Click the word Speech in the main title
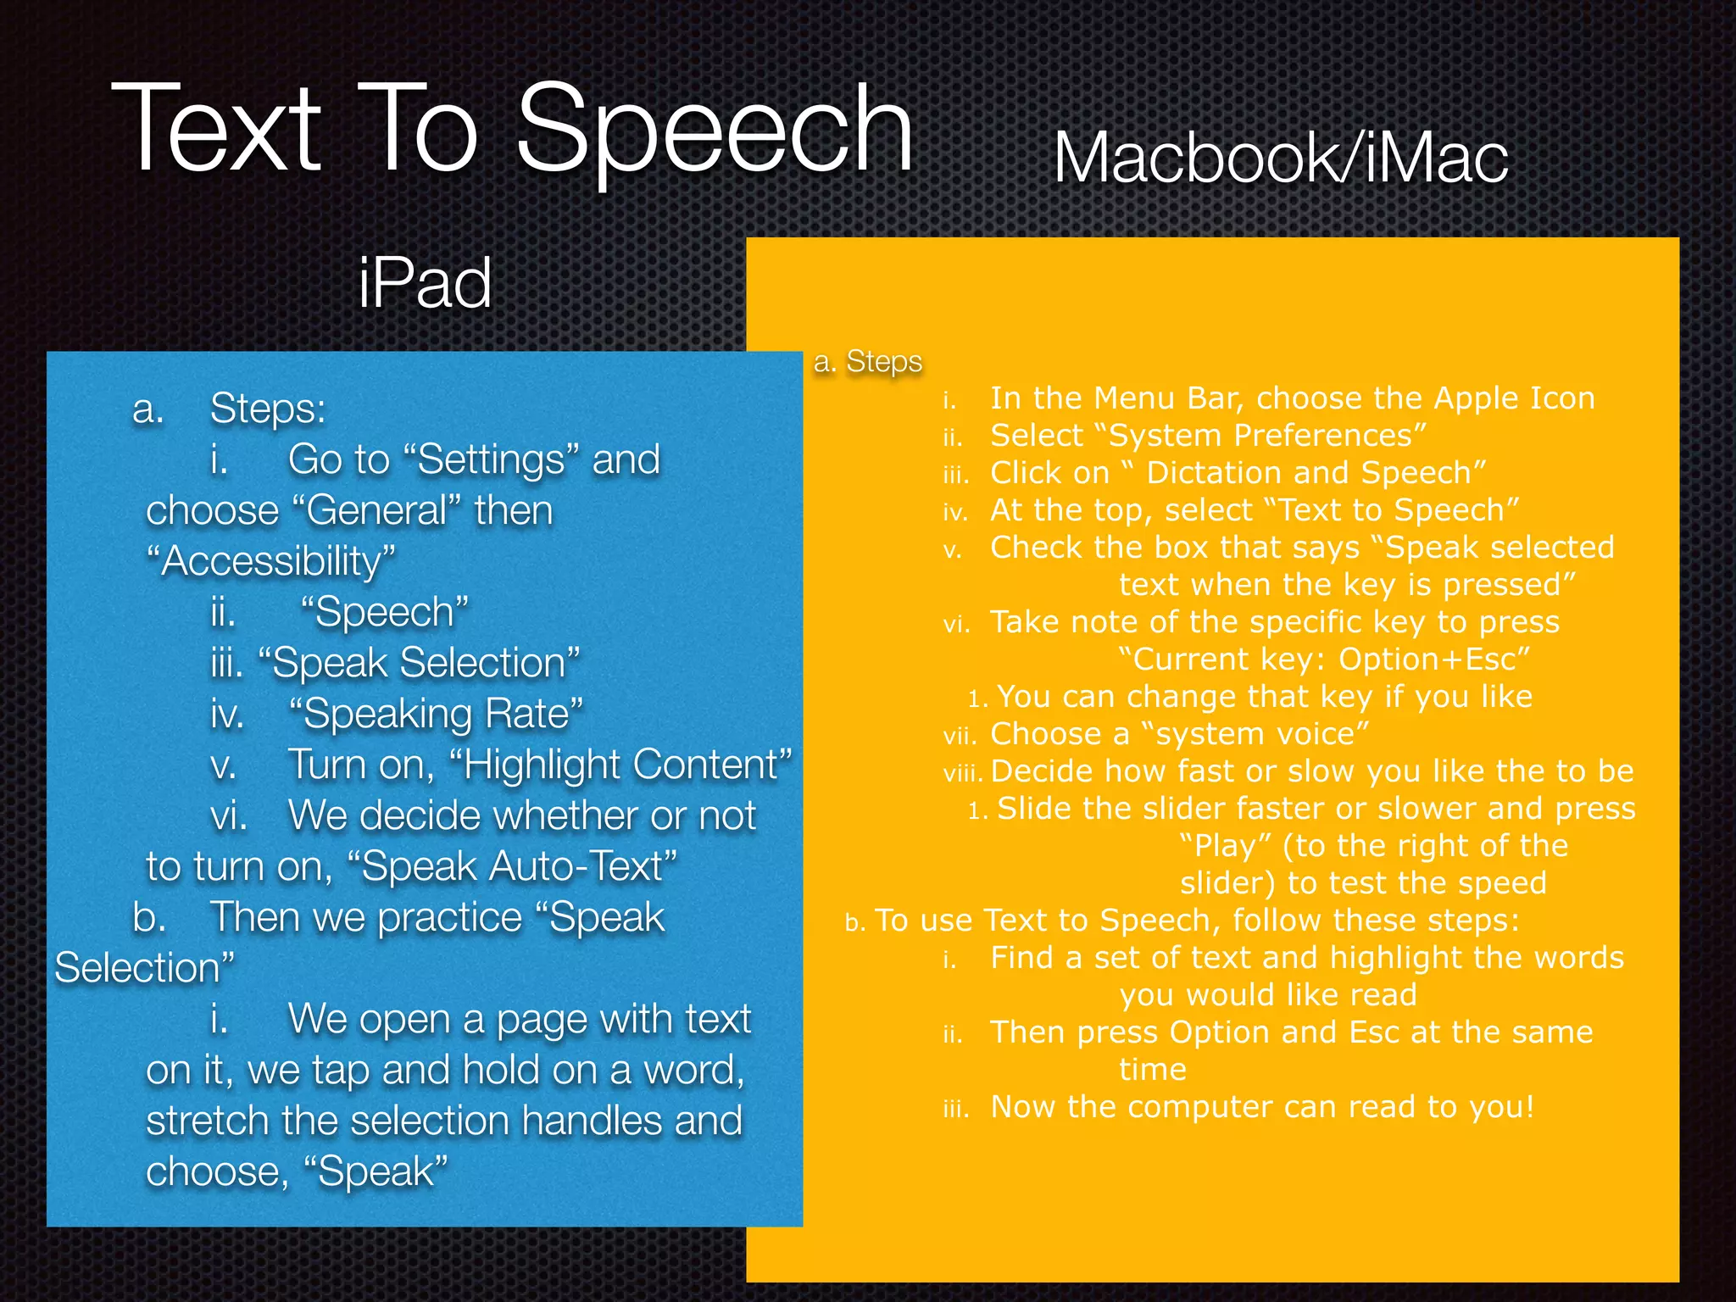pyautogui.click(x=715, y=129)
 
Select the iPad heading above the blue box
pyautogui.click(x=425, y=283)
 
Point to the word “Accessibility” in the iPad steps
pyautogui.click(x=270, y=561)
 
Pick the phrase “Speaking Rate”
pyautogui.click(x=436, y=714)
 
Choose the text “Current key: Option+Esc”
pyautogui.click(x=1324, y=659)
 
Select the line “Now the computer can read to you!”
pyautogui.click(x=1262, y=1107)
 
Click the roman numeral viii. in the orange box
pyautogui.click(x=962, y=773)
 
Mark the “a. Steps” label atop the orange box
pyautogui.click(x=867, y=362)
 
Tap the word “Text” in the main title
pyautogui.click(x=216, y=129)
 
